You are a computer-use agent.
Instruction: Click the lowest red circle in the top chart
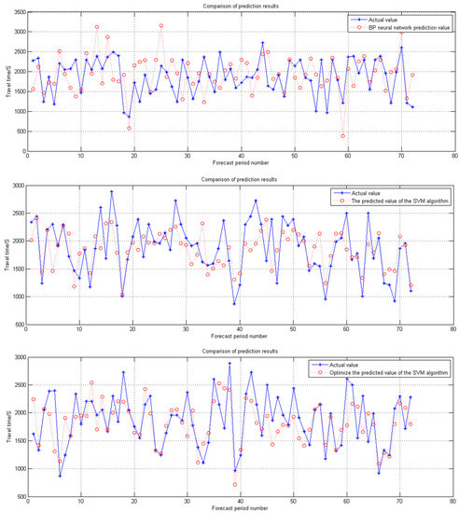(x=343, y=136)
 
